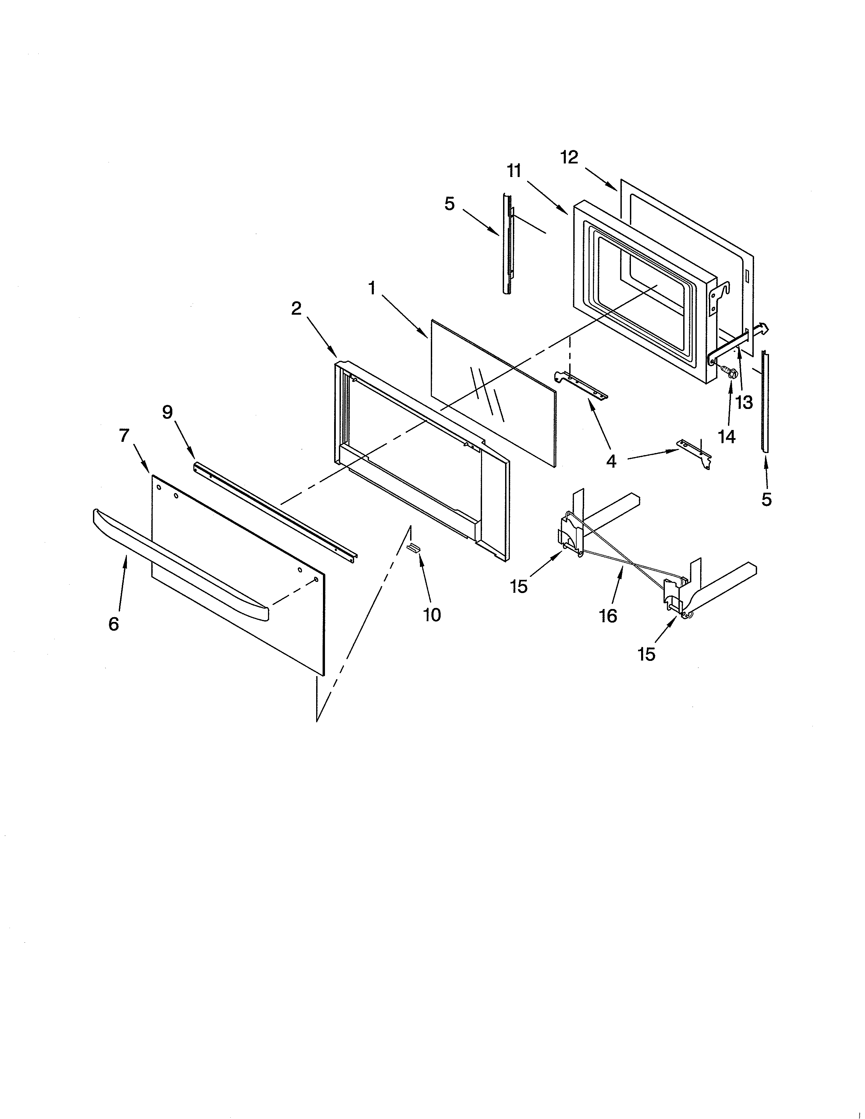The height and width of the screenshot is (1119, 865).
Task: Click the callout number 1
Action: (x=372, y=289)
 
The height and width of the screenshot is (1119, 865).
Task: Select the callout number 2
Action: (x=296, y=309)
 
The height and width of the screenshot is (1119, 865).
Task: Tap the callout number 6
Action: (x=114, y=624)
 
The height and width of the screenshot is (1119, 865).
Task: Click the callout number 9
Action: (x=168, y=412)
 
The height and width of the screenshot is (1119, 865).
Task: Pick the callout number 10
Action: (x=432, y=614)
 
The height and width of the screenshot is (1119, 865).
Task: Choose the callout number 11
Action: (x=514, y=171)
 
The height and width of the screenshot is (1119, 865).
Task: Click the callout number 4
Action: (x=611, y=461)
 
